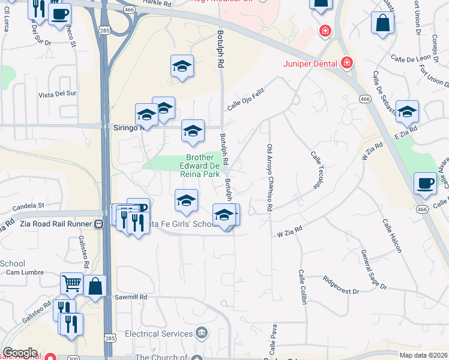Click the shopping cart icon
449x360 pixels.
(71, 283)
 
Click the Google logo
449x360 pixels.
(20, 353)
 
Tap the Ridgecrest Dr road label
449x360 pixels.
(340, 284)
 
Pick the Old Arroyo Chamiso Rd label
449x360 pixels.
(270, 178)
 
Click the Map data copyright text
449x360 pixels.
(423, 355)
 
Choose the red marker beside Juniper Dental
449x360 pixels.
(346, 62)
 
